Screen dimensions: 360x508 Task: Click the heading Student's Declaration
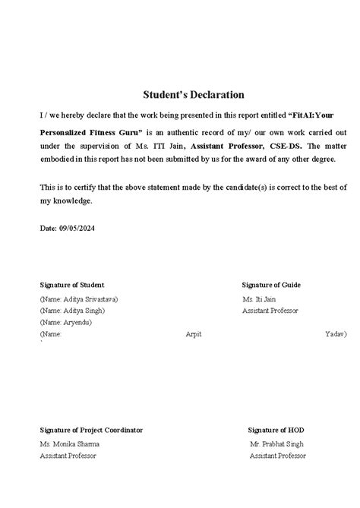click(194, 95)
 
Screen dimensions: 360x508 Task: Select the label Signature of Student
click(71, 285)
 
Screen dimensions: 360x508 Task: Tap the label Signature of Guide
click(272, 285)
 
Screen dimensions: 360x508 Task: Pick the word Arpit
click(194, 334)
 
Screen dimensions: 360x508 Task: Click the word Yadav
click(335, 334)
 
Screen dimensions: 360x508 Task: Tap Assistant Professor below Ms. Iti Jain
click(270, 311)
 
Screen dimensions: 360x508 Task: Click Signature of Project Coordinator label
click(91, 430)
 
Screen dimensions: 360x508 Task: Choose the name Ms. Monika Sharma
click(70, 443)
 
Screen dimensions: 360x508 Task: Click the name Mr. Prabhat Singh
click(277, 443)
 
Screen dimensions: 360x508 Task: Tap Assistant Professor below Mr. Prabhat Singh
click(277, 456)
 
